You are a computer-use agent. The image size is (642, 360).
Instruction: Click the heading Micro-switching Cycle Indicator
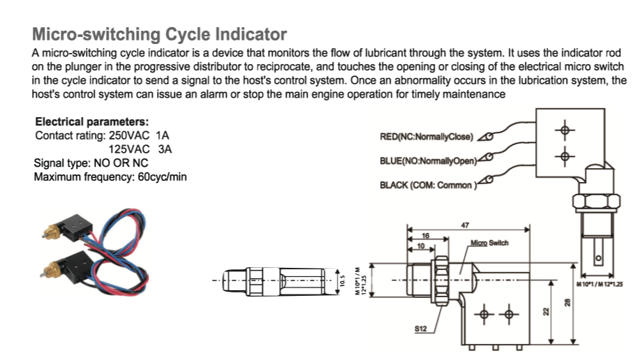[x=159, y=34]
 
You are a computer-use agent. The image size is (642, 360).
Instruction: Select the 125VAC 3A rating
[x=140, y=149]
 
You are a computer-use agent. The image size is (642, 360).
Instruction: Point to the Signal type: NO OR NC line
[x=91, y=163]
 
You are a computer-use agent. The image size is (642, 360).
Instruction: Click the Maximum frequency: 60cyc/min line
[x=110, y=177]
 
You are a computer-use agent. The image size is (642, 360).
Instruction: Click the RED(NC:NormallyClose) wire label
[x=426, y=136]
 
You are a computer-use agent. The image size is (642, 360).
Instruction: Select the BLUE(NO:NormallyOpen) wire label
[x=427, y=160]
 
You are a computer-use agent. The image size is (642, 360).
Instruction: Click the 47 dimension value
[x=465, y=225]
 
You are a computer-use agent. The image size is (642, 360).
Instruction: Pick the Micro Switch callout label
[x=489, y=243]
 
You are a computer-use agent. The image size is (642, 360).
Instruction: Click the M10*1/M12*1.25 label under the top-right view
[x=601, y=285]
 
